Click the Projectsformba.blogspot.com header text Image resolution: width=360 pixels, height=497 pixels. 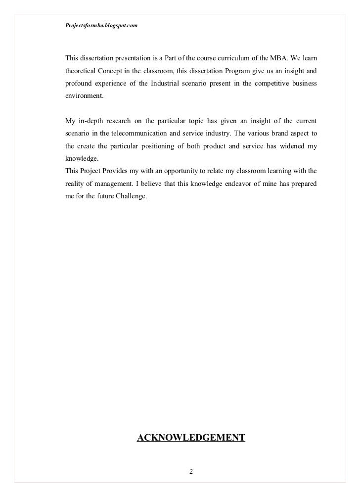[x=101, y=25]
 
